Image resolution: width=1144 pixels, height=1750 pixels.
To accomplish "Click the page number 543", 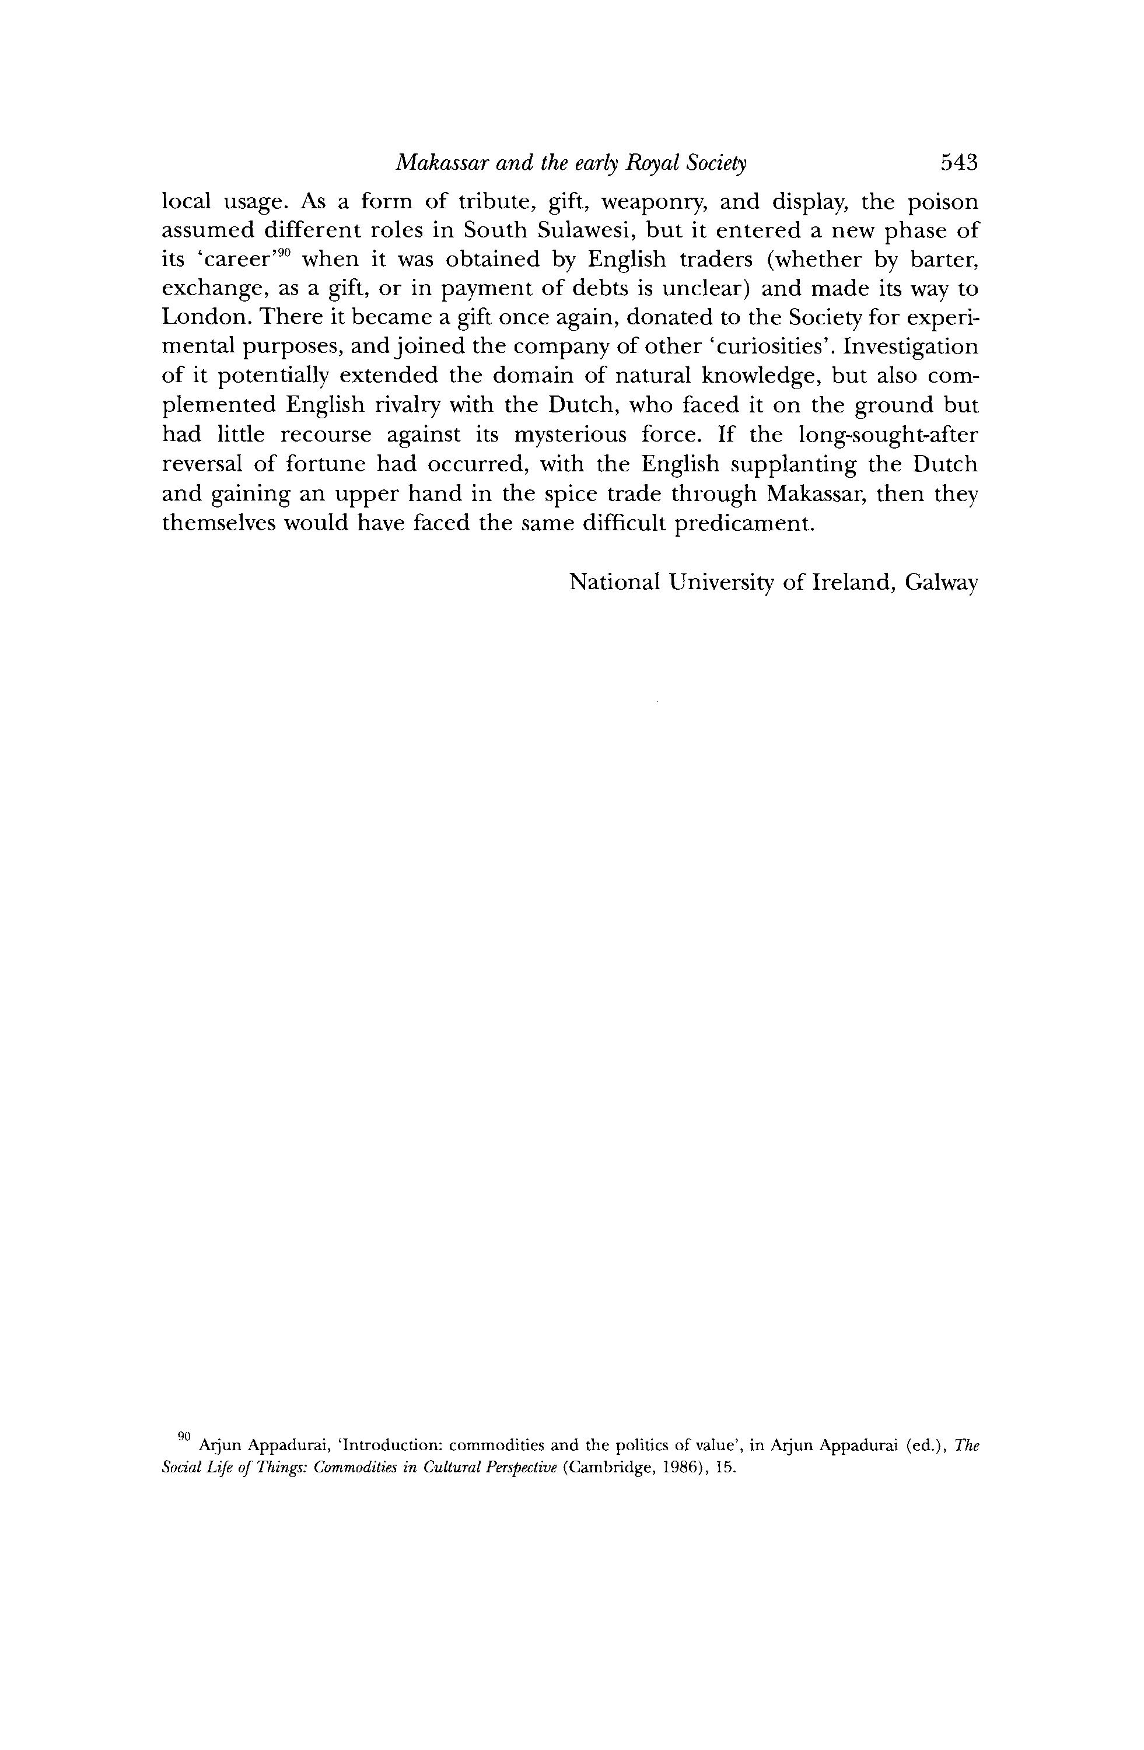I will [x=958, y=163].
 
